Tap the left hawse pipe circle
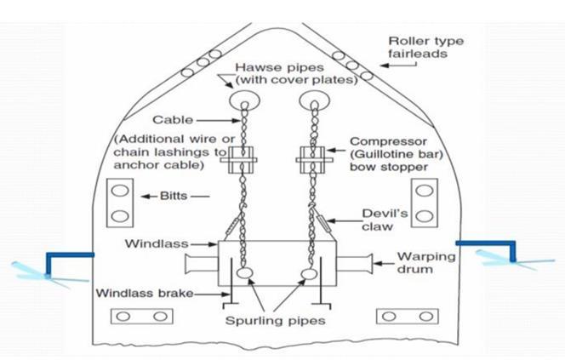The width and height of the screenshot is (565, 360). tap(243, 96)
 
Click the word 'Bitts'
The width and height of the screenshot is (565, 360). tap(176, 197)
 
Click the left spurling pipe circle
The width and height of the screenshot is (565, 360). tap(245, 275)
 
